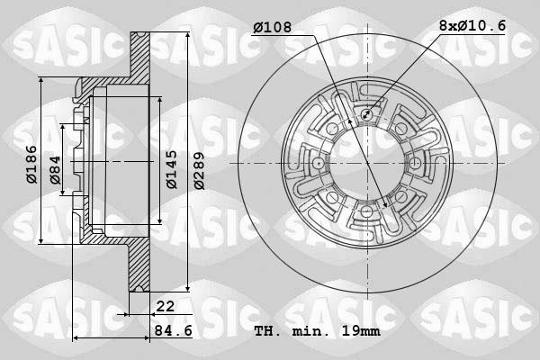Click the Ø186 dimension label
pos(31,162)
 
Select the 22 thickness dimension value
pos(166,308)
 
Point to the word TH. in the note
pos(267,333)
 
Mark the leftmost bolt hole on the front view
pos(321,163)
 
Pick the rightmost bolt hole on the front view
pos(415,163)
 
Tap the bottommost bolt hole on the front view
pos(368,210)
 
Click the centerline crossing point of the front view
pos(368,163)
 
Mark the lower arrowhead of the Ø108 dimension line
pos(386,206)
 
